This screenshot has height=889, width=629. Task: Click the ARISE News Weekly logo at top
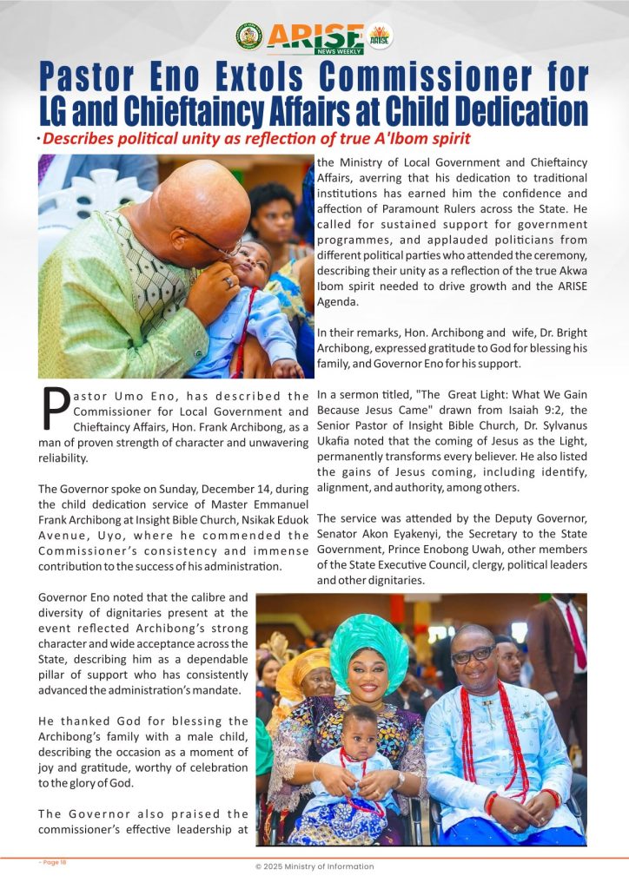[314, 37]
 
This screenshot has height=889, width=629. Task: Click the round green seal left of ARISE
[248, 36]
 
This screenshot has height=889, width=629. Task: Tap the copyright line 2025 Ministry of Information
[314, 866]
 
